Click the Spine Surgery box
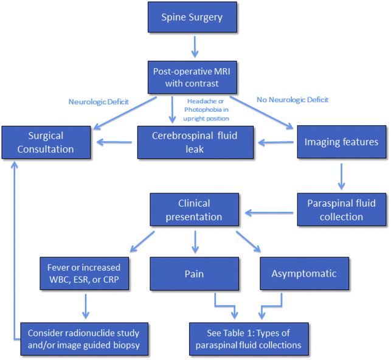tap(192, 17)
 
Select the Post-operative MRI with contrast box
tap(192, 77)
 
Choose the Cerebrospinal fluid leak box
tap(195, 142)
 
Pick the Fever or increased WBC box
tap(84, 274)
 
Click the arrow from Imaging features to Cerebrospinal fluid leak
tap(275, 143)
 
